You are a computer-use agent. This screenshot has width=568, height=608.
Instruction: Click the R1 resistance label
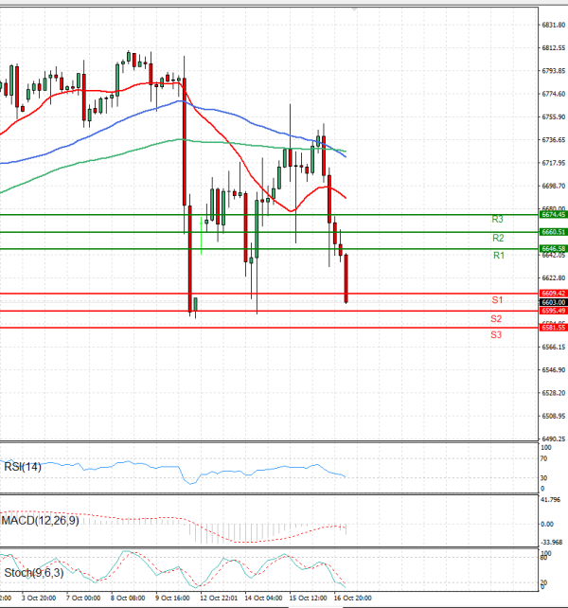(x=498, y=256)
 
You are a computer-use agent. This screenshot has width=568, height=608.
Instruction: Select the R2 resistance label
(x=498, y=238)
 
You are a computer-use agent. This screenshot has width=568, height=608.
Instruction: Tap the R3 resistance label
(x=498, y=220)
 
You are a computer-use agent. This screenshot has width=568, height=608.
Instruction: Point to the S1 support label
(x=496, y=300)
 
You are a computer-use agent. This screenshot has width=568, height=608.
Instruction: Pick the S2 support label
(x=496, y=318)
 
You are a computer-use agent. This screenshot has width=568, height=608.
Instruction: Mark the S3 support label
(x=496, y=335)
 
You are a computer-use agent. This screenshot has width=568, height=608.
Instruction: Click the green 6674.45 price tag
(x=552, y=215)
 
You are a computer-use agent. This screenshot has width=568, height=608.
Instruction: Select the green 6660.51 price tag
(x=552, y=232)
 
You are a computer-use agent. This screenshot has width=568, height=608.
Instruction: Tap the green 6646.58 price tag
(x=552, y=248)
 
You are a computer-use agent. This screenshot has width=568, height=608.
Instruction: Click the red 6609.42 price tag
(x=552, y=294)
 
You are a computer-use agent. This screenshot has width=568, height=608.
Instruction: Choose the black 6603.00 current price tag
(x=552, y=302)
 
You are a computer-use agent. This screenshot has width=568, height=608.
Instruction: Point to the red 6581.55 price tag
(x=552, y=328)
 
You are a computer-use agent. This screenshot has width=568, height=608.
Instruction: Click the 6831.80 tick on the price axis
(x=552, y=26)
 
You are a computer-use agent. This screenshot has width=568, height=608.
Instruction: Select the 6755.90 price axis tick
(x=552, y=117)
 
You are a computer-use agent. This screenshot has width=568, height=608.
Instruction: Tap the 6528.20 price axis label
(x=552, y=393)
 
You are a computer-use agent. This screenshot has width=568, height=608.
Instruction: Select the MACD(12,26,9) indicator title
(x=41, y=520)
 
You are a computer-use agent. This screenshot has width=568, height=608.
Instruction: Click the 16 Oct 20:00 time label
(x=356, y=599)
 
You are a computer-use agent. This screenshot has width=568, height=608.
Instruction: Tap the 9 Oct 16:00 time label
(x=173, y=599)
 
